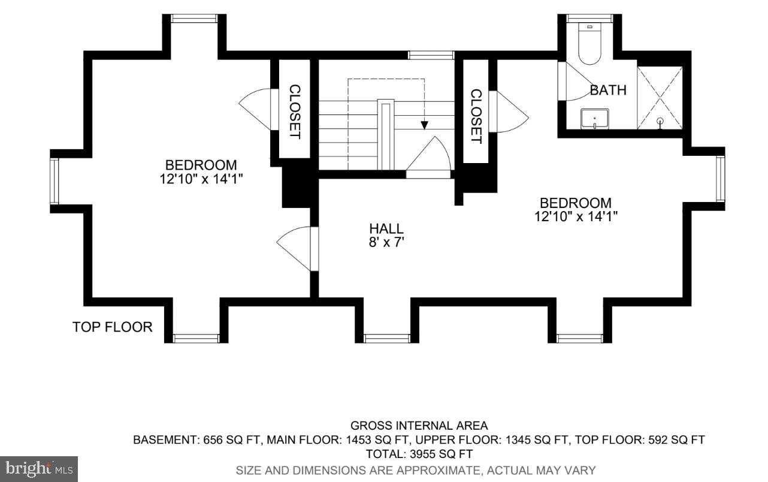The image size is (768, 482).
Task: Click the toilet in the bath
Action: click(589, 45)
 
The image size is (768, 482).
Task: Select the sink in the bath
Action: click(594, 119)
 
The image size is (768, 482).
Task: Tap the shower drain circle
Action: click(660, 121)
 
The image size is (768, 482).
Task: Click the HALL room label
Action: click(386, 228)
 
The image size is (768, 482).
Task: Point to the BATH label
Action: click(608, 91)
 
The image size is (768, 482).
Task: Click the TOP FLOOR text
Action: click(113, 327)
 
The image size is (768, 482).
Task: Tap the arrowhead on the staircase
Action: click(424, 125)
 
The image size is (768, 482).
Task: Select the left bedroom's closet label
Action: click(294, 112)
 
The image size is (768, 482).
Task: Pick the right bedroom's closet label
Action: click(476, 116)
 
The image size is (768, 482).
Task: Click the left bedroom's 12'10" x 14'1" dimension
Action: click(201, 178)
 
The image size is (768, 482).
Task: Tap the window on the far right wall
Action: click(720, 179)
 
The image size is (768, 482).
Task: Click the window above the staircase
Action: click(431, 55)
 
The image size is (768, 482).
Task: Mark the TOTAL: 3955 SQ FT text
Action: click(419, 454)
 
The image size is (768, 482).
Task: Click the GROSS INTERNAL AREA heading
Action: click(419, 426)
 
